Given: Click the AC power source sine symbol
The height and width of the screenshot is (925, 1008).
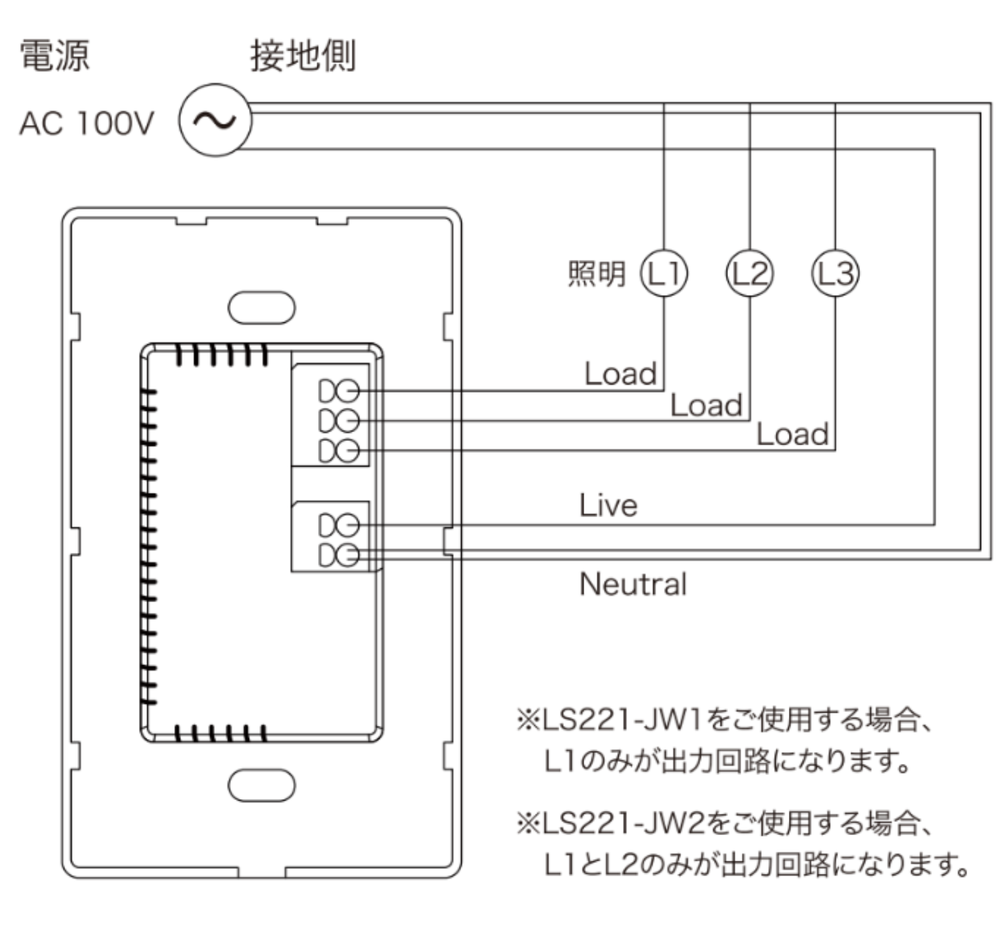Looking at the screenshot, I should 215,120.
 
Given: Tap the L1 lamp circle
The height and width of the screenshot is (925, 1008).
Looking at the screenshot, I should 664,273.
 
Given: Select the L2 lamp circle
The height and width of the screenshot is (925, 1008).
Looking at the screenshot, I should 749,273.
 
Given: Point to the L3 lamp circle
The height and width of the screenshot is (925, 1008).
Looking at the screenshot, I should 834,273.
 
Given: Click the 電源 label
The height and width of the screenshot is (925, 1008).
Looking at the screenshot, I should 54,55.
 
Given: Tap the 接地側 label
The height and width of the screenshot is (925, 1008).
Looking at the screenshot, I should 303,55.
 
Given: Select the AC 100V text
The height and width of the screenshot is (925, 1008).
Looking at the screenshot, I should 86,124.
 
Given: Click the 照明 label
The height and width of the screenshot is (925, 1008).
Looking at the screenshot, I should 596,274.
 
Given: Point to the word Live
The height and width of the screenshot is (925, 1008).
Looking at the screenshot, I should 608,505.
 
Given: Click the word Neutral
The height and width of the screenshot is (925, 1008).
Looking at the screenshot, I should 633,584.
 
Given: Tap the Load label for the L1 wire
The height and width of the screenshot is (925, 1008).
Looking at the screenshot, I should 620,374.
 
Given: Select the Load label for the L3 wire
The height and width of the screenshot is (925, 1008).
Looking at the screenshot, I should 792,434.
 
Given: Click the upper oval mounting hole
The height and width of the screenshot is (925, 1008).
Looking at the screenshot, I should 261,308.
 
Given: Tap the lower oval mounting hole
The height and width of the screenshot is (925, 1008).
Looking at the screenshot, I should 261,785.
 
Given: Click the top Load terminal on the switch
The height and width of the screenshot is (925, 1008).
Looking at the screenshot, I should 339,391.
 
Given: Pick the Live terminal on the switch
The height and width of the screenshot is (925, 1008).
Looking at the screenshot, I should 339,525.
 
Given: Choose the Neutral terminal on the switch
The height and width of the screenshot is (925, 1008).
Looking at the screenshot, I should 339,554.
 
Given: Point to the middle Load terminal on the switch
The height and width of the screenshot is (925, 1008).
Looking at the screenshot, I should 339,421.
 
